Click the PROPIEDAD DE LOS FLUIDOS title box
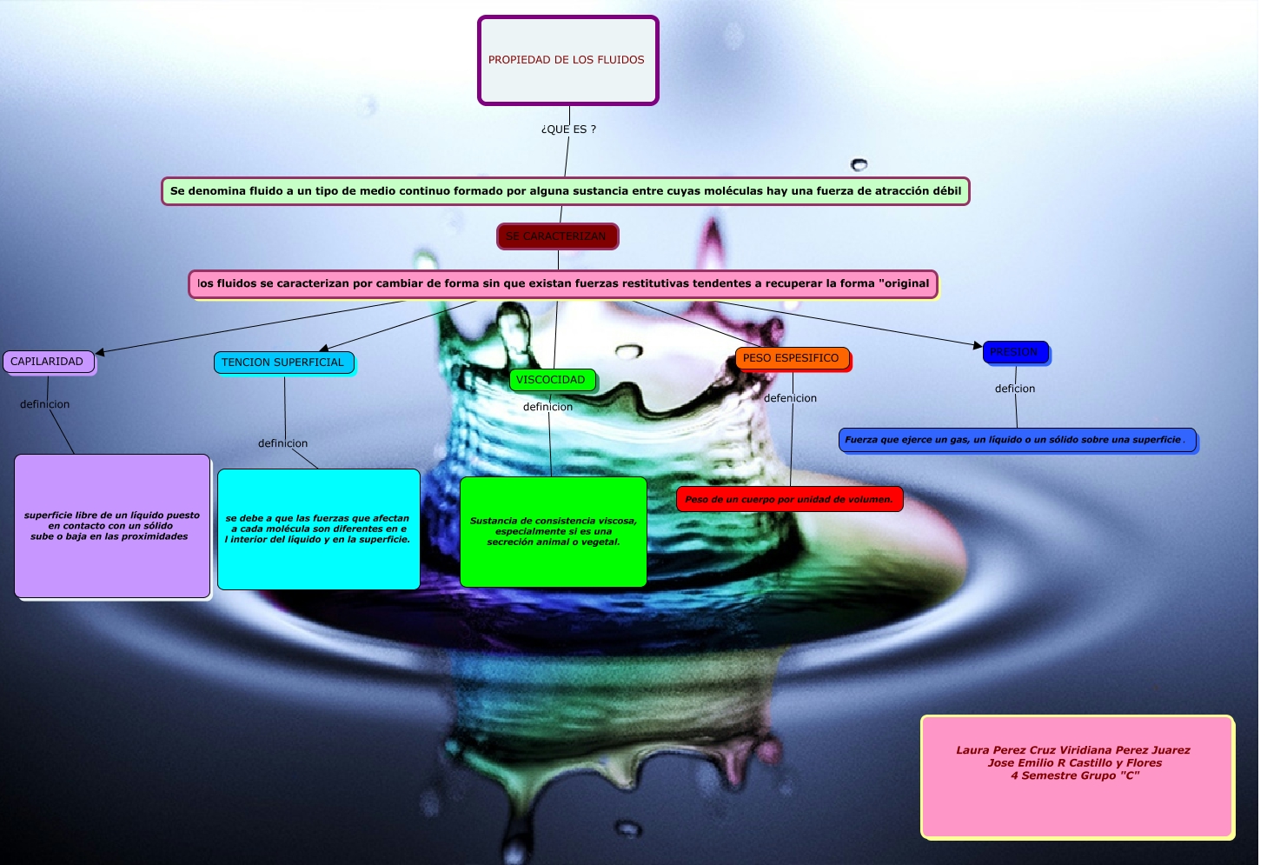[567, 60]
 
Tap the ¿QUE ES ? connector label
[568, 130]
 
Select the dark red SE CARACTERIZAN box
[557, 236]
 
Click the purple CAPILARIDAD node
[48, 362]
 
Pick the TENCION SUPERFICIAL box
[283, 363]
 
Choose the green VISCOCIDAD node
[552, 380]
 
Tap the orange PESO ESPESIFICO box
[791, 358]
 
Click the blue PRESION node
[1015, 352]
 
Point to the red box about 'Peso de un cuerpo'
[789, 499]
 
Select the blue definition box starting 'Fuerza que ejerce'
[1017, 440]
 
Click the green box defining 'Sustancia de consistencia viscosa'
[553, 531]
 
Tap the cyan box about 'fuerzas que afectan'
[318, 529]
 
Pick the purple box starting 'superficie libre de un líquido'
[112, 526]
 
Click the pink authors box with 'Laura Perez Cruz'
[1077, 776]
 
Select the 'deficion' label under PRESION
[1015, 389]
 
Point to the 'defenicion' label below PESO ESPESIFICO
[790, 398]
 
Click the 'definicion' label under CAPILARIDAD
[45, 404]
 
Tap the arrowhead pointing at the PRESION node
[978, 345]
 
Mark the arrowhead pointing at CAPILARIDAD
[100, 352]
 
